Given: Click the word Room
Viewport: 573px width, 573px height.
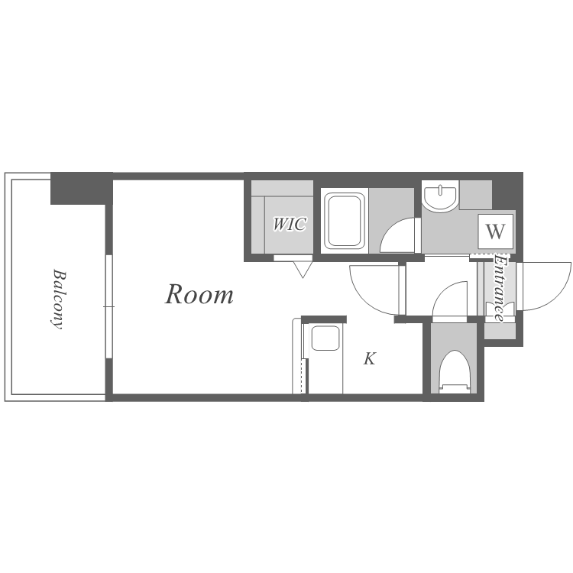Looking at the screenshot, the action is [x=199, y=295].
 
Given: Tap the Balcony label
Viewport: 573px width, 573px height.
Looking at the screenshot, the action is [x=58, y=299].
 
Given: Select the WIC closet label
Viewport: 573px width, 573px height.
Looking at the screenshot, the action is [x=290, y=224].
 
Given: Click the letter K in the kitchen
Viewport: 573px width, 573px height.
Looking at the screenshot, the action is [x=370, y=359].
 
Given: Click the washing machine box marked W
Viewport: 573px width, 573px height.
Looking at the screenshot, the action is [x=496, y=231].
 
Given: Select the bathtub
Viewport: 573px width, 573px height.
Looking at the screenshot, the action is [x=345, y=221].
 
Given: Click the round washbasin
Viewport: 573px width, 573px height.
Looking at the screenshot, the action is [x=440, y=196].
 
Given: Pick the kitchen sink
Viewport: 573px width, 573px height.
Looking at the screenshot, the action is [x=325, y=338].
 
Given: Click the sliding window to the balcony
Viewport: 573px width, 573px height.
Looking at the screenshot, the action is [x=108, y=306].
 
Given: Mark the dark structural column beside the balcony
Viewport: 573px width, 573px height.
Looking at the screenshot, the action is [x=81, y=188].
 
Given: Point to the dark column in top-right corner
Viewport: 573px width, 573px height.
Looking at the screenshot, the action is [x=507, y=190].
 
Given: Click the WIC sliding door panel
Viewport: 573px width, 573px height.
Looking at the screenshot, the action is [x=293, y=258].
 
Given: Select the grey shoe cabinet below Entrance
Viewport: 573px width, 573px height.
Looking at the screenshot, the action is [x=500, y=331].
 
